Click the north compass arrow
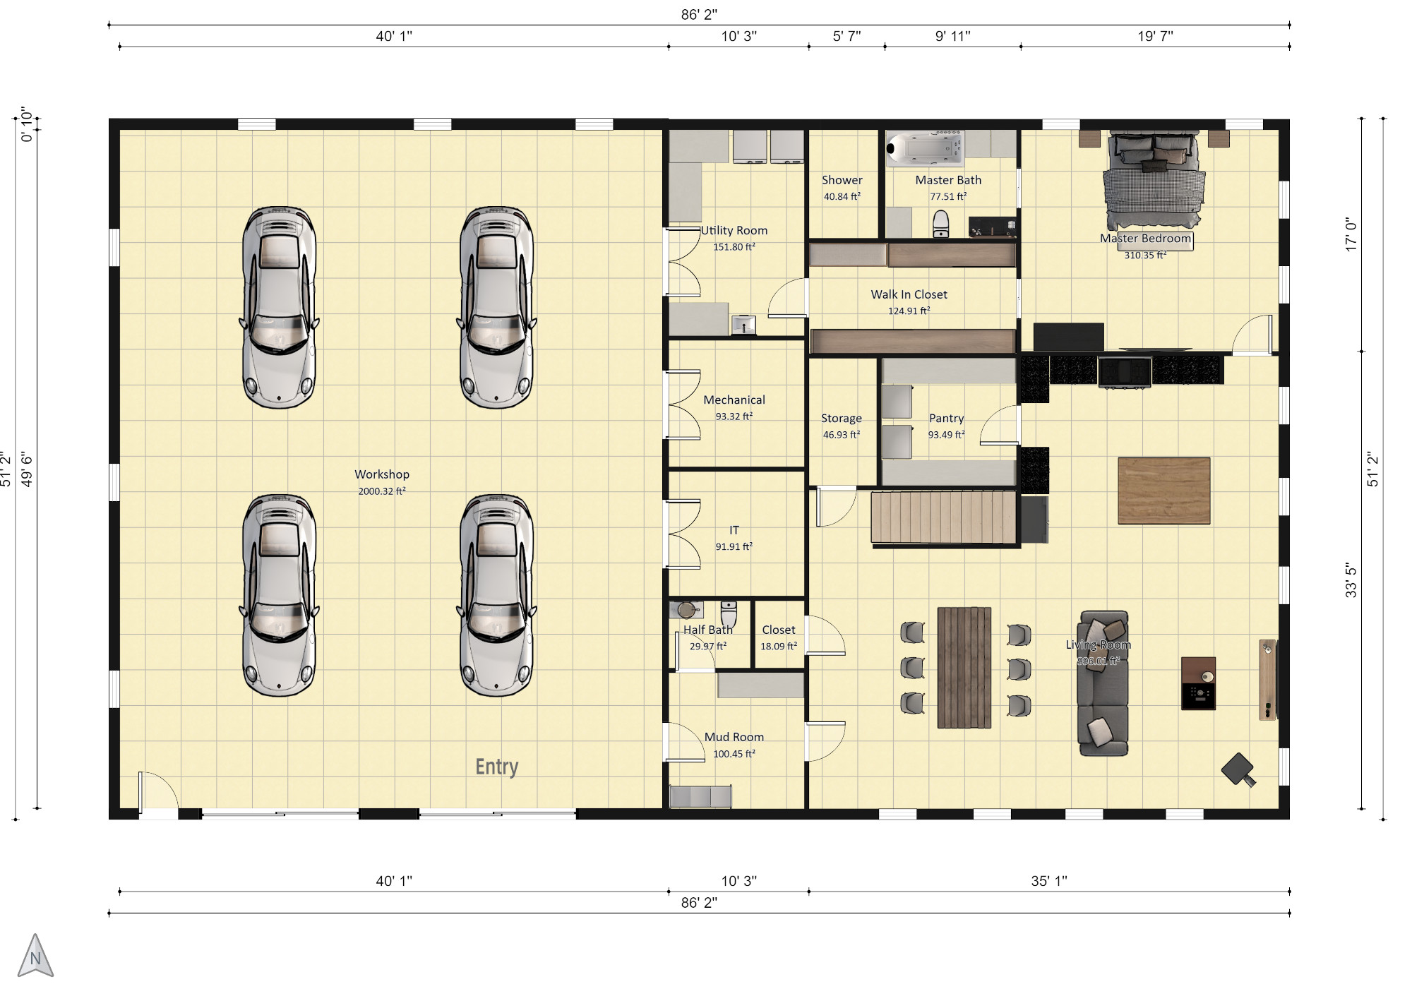(x=35, y=956)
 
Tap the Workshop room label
(x=382, y=474)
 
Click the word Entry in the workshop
(x=497, y=767)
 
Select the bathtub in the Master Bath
(x=924, y=148)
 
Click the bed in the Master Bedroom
(x=1153, y=180)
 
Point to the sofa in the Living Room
(x=1102, y=683)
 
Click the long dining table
(x=964, y=668)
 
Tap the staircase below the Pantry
(x=943, y=517)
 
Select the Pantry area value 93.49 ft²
(x=946, y=435)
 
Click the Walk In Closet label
(x=909, y=294)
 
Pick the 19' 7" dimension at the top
(x=1155, y=36)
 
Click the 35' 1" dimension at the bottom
(x=1049, y=881)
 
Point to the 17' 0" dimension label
(x=1351, y=234)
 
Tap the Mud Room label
(x=734, y=737)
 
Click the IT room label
(x=734, y=530)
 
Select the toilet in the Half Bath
(x=729, y=613)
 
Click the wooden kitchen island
(x=1164, y=491)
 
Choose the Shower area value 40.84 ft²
(x=842, y=197)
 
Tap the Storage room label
(x=842, y=419)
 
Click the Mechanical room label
(x=734, y=400)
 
